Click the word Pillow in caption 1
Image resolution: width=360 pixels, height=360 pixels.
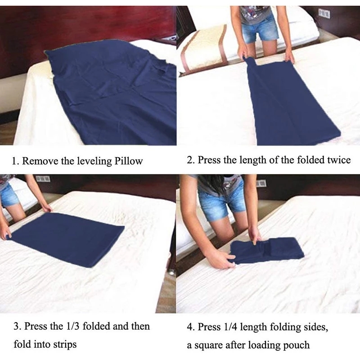127,161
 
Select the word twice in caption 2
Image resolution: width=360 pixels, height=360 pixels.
338,160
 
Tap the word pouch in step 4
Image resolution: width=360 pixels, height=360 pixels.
297,345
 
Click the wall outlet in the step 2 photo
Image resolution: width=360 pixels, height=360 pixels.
324,13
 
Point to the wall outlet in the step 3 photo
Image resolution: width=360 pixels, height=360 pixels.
43,179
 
